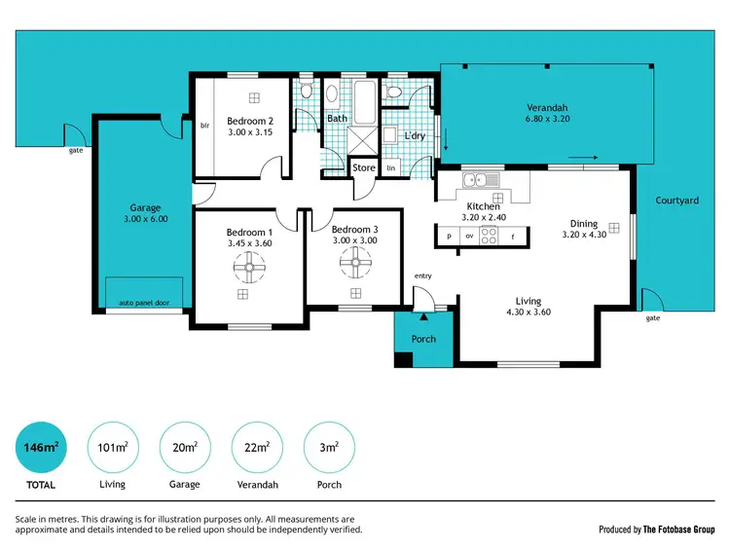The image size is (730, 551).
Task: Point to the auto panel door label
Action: pos(144,303)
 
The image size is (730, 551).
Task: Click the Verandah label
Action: pos(547,107)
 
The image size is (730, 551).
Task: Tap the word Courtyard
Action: pos(676,201)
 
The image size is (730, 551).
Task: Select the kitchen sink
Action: pos(481,180)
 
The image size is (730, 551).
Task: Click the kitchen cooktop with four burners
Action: pos(491,236)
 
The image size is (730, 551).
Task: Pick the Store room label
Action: pos(363,168)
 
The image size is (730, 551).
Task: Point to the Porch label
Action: pos(423,339)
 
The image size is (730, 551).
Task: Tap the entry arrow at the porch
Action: pos(423,315)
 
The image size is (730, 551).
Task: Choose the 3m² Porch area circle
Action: pos(329,447)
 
